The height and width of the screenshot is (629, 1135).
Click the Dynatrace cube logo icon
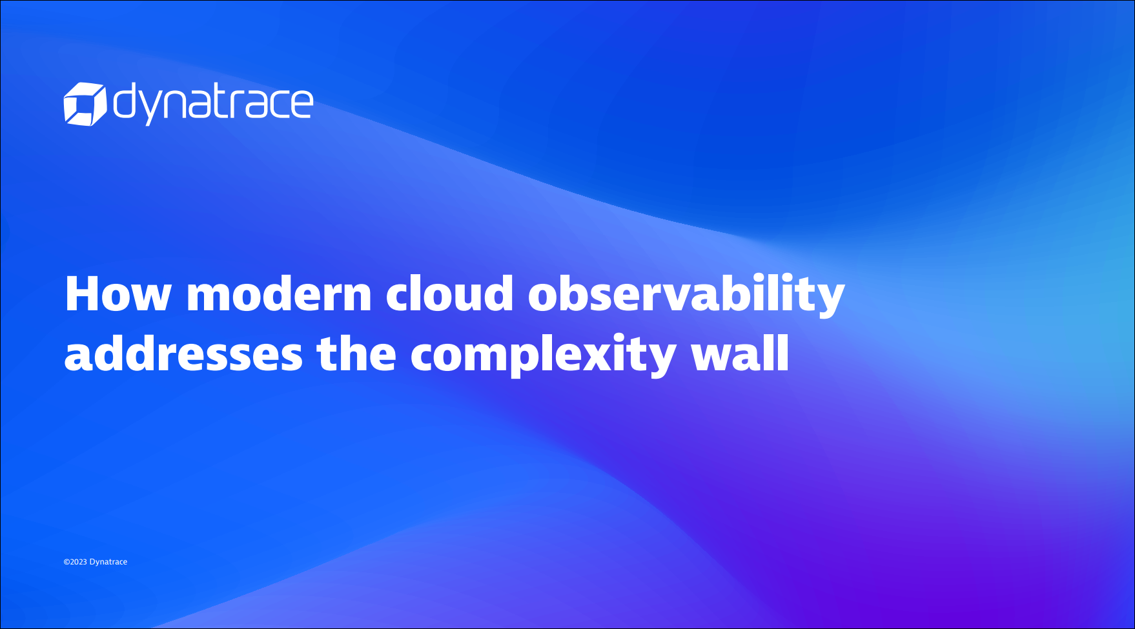(x=85, y=104)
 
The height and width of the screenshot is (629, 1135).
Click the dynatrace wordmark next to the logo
(x=214, y=103)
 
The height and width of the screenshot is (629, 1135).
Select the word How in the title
(x=118, y=294)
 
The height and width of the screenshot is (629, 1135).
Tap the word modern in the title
(x=279, y=294)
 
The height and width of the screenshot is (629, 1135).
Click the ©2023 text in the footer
(x=75, y=562)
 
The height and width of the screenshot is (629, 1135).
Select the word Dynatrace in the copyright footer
(x=108, y=563)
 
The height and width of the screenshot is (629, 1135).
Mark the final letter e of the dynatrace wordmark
(x=302, y=105)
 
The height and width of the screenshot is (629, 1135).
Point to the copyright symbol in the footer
(x=66, y=562)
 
